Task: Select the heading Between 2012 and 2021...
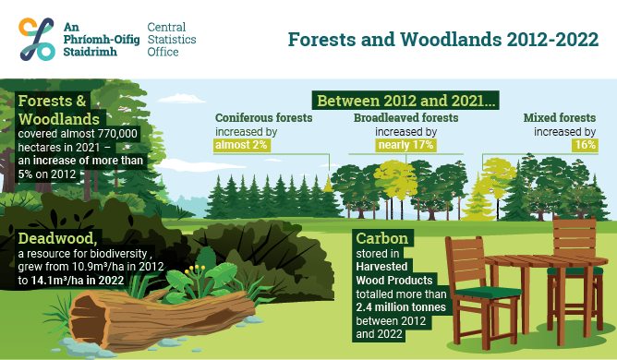pyautogui.click(x=406, y=100)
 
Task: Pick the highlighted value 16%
pyautogui.click(x=585, y=146)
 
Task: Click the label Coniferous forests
pyautogui.click(x=263, y=118)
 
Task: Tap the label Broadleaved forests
pyautogui.click(x=407, y=118)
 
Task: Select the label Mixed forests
pyautogui.click(x=560, y=118)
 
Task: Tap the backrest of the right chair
pyautogui.click(x=574, y=234)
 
